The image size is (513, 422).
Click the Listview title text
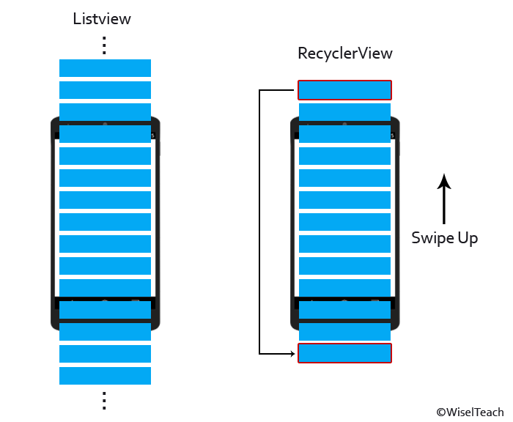[102, 19]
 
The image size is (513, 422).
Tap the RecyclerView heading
[344, 53]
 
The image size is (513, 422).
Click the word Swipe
[432, 238]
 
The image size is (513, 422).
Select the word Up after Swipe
[467, 239]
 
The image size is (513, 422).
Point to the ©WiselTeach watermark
[470, 413]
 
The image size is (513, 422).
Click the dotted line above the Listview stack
[105, 45]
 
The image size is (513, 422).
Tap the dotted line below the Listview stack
[105, 400]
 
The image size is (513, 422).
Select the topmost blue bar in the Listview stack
[105, 68]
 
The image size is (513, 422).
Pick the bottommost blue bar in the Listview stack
[105, 376]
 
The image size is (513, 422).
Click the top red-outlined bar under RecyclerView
[344, 90]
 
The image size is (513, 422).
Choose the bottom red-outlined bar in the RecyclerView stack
[344, 353]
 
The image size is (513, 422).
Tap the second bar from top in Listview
[105, 90]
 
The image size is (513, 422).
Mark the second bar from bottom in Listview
[105, 354]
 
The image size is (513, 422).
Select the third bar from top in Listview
[105, 112]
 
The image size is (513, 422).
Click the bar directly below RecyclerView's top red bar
[344, 112]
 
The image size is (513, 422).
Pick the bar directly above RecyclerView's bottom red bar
[344, 332]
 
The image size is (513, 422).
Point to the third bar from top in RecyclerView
[344, 134]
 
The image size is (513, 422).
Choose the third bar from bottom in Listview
[105, 332]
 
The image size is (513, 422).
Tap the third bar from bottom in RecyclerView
[344, 310]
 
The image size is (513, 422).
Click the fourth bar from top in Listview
[105, 134]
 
